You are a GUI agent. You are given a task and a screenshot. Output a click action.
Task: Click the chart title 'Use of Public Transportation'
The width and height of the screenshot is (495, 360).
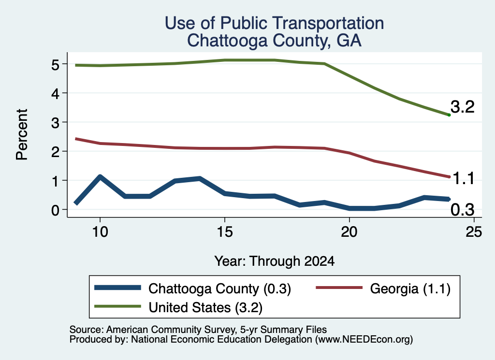click(275, 23)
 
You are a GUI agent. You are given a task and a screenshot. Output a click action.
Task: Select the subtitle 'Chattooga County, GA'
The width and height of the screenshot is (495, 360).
click(275, 41)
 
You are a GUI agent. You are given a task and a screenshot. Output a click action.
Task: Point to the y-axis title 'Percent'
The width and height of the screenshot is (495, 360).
click(22, 134)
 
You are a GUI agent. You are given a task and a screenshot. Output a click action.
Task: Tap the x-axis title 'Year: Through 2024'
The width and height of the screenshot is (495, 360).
click(275, 261)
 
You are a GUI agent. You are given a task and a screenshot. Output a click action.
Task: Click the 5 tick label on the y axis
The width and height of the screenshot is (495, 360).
click(55, 64)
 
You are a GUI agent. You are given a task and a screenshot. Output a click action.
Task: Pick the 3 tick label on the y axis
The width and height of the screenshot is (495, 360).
click(55, 122)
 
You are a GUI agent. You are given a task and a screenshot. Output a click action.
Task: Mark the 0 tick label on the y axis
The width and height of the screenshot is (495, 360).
click(55, 210)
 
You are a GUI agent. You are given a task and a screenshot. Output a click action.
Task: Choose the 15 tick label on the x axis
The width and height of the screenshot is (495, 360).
click(225, 232)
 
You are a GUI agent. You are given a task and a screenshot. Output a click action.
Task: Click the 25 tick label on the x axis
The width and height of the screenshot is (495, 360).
click(474, 232)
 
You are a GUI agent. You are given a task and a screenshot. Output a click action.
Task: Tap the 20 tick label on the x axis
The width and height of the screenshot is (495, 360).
click(349, 232)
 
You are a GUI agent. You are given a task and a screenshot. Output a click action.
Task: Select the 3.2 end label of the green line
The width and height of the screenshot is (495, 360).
click(463, 107)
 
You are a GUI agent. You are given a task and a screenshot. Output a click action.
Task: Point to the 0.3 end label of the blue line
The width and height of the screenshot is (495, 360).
click(463, 210)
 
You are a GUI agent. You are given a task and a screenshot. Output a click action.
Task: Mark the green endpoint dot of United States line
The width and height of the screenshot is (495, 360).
click(449, 115)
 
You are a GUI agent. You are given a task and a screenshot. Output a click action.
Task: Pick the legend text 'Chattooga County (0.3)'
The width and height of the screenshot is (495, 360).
click(220, 288)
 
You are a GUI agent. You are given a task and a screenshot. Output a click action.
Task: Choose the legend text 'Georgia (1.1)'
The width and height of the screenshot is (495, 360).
click(410, 288)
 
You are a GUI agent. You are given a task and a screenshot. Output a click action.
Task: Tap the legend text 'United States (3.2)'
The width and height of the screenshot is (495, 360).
click(205, 307)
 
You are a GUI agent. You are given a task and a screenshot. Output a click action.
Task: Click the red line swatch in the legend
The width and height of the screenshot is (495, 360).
click(339, 288)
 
